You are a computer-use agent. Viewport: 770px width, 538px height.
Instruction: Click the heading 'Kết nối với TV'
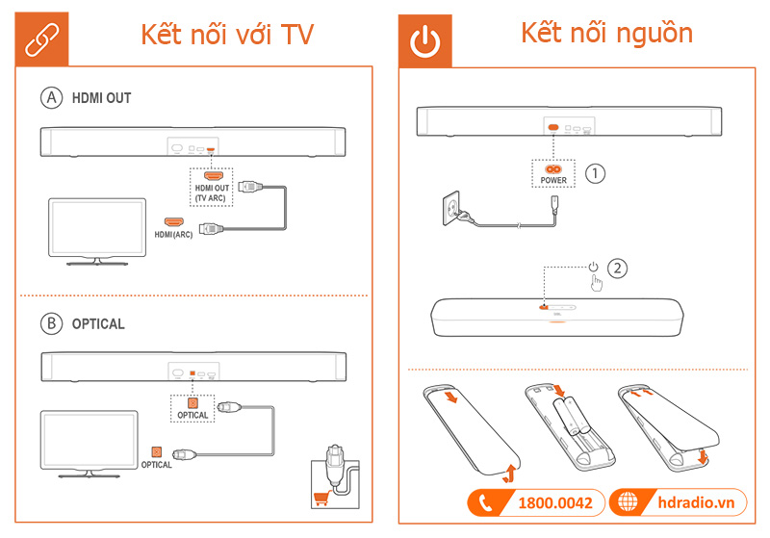tap(227, 35)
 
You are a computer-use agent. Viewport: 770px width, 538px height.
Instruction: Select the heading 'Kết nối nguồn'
tap(606, 33)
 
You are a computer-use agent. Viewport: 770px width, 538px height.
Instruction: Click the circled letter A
tap(50, 97)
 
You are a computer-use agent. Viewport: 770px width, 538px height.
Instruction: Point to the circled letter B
tap(50, 323)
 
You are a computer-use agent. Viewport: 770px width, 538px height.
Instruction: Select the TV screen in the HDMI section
tap(97, 226)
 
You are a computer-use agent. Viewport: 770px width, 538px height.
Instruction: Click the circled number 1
tap(597, 173)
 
